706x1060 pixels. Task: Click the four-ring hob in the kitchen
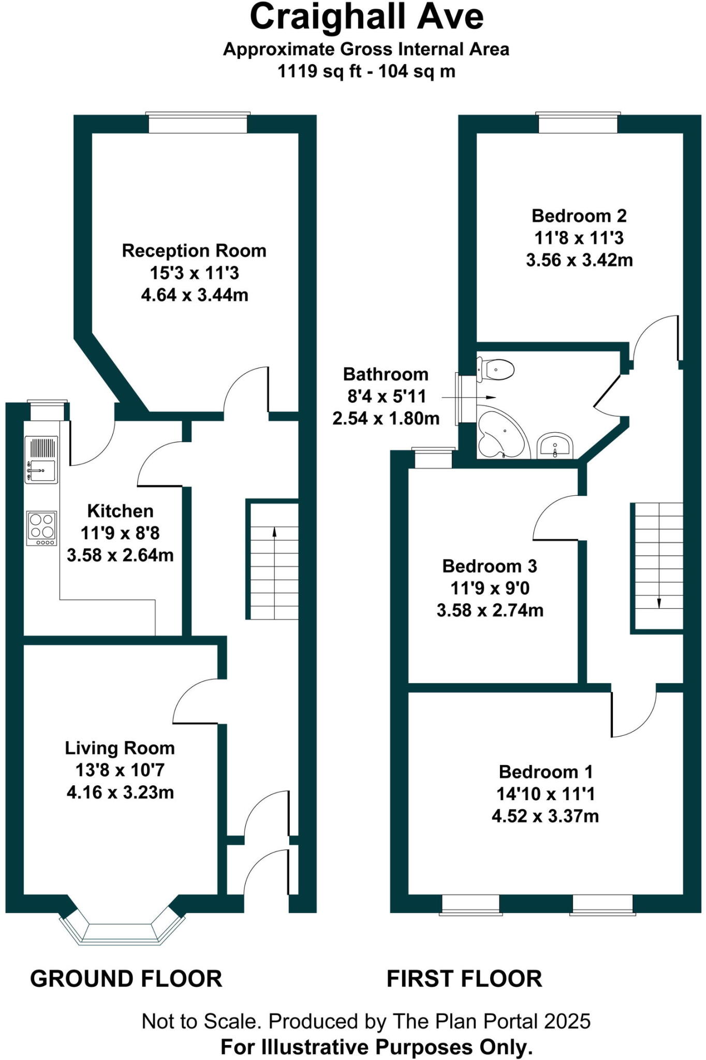pos(41,527)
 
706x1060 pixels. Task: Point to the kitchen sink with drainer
pos(41,460)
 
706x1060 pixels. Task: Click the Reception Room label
pos(194,251)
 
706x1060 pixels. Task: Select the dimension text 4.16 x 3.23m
pos(120,792)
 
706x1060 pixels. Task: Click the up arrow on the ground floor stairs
pos(274,532)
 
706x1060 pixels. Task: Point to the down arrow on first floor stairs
pos(659,602)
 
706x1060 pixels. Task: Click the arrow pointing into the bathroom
pos(468,397)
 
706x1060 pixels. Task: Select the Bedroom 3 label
pos(490,566)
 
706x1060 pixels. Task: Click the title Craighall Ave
pos(366,17)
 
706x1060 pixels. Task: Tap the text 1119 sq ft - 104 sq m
pos(366,71)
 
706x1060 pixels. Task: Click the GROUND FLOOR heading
pos(126,979)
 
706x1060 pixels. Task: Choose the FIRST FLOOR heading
pos(464,979)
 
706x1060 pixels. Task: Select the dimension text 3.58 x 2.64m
pos(120,555)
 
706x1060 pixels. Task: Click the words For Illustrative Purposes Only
pos(376,1047)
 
